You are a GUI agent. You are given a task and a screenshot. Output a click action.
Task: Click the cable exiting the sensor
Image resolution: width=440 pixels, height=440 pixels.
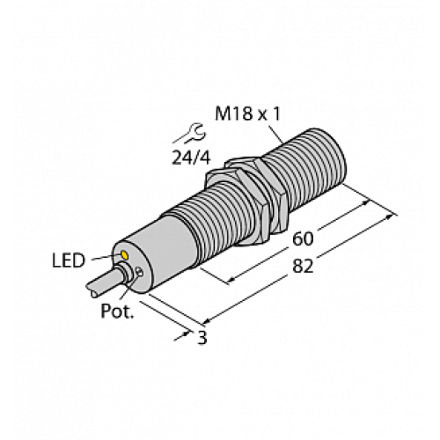(x=99, y=285)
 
